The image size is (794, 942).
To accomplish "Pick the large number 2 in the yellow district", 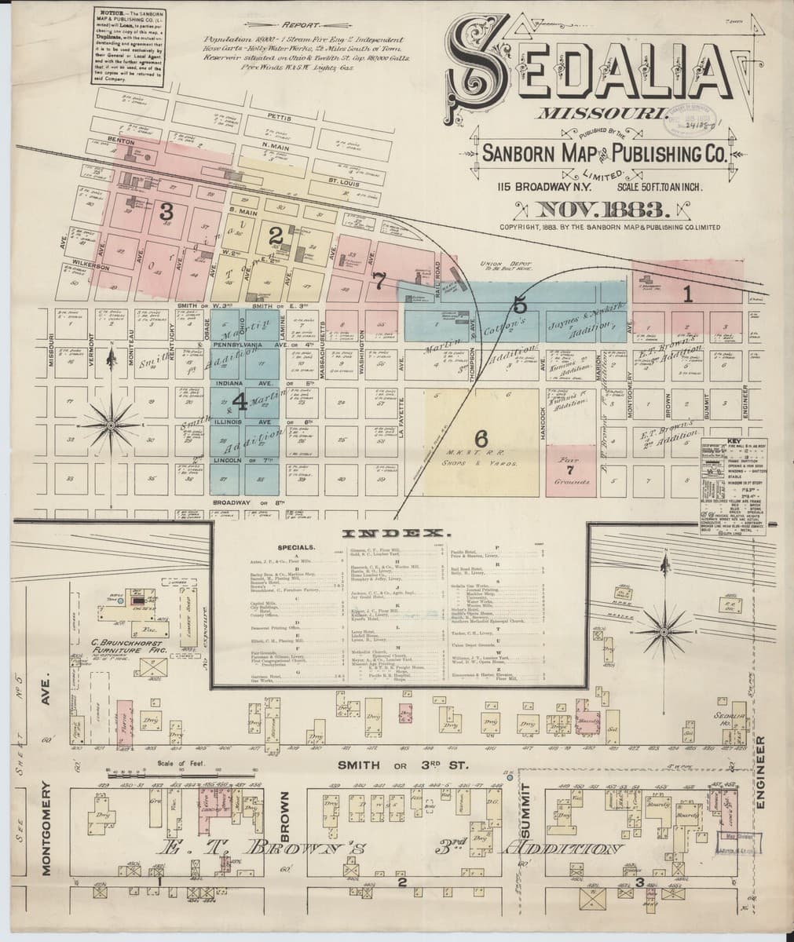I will (275, 235).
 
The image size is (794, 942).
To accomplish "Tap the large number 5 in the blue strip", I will (520, 305).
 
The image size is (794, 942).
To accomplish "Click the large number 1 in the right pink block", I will (687, 294).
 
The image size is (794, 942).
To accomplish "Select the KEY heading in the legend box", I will (734, 441).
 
